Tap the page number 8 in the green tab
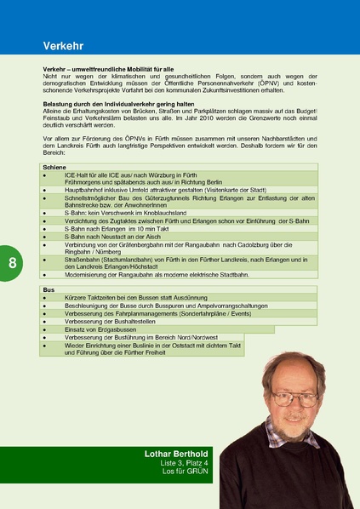click(12, 262)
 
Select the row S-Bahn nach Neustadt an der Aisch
click(112, 237)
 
